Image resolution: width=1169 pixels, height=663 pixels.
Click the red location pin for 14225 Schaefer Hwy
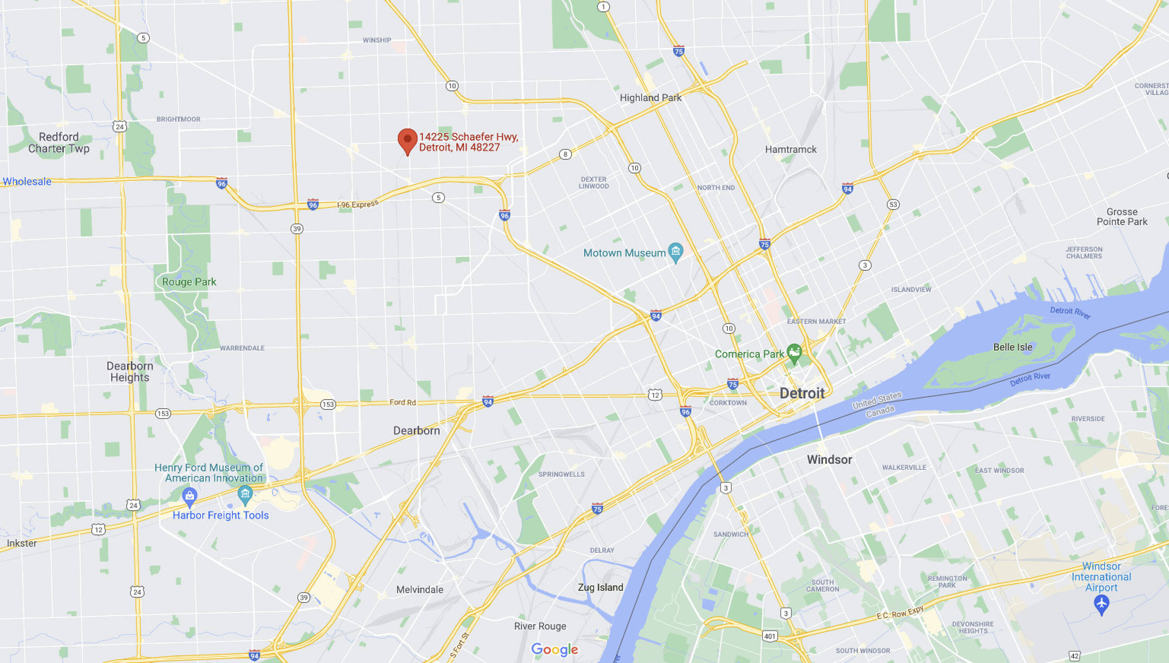407,139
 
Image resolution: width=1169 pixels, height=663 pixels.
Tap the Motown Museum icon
675,251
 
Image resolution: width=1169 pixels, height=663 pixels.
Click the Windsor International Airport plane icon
1101,604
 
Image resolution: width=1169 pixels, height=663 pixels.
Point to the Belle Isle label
1012,347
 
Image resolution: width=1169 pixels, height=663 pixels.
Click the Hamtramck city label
791,149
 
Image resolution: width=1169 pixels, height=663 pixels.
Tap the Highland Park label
650,97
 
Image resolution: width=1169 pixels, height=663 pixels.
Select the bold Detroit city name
802,393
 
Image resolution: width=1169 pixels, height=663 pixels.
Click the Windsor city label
829,459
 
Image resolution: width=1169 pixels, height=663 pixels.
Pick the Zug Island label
600,587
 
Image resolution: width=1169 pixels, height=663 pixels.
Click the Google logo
554,649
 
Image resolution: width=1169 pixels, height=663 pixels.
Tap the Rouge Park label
189,282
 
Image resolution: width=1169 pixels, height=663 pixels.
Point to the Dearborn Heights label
130,372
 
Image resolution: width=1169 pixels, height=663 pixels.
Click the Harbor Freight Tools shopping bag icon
189,496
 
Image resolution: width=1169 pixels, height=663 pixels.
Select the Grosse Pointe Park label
1121,217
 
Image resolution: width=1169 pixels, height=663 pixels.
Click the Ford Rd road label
403,402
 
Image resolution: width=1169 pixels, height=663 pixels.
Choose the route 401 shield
770,636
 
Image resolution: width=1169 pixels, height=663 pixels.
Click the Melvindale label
419,590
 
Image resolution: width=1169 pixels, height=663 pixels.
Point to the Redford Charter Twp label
59,143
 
